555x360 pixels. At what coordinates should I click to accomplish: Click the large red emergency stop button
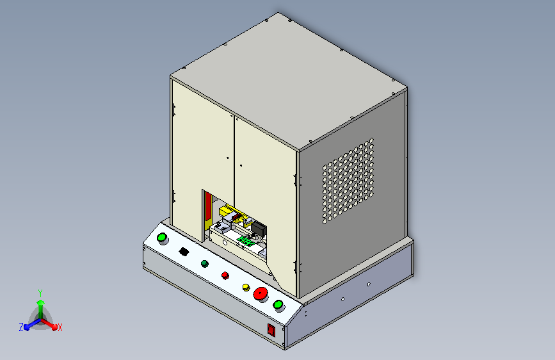261,294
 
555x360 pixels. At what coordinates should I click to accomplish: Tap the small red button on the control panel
225,275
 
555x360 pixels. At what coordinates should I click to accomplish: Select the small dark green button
205,263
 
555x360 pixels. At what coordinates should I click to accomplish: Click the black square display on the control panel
184,252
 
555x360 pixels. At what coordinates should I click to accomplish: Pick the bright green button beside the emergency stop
278,304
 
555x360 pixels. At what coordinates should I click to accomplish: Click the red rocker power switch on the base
271,331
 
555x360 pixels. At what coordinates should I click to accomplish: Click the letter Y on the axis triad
40,291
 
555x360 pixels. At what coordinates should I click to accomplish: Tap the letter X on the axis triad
60,327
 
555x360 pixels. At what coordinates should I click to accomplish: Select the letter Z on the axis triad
20,327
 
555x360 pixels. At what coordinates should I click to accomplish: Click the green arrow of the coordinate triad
40,303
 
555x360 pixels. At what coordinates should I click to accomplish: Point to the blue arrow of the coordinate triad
29,325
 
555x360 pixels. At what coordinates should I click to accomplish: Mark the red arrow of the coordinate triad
51,325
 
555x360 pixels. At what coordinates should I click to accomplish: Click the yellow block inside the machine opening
229,211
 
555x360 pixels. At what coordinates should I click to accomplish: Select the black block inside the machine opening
259,229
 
